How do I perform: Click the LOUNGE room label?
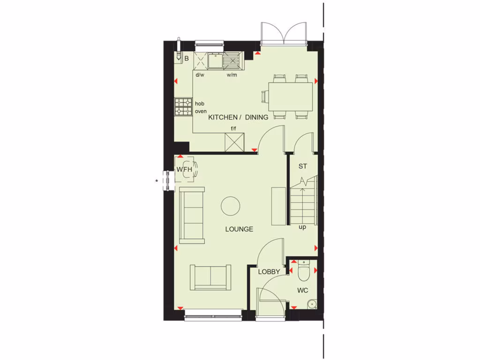tap(239, 229)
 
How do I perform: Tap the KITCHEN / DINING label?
tap(238, 117)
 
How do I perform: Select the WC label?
tap(302, 291)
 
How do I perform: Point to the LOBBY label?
tap(269, 271)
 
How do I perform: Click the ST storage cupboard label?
tap(302, 166)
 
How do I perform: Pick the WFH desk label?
tap(184, 169)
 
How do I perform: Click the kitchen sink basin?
tap(215, 60)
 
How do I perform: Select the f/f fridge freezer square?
tap(234, 142)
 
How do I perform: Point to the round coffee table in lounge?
tap(231, 206)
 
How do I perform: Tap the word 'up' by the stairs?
tap(302, 227)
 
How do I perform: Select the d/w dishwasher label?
tap(200, 75)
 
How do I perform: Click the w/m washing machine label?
tap(232, 75)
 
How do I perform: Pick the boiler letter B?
tap(186, 59)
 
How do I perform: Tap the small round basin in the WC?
tap(311, 305)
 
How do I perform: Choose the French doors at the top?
tap(283, 33)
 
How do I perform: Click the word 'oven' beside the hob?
tap(201, 111)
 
